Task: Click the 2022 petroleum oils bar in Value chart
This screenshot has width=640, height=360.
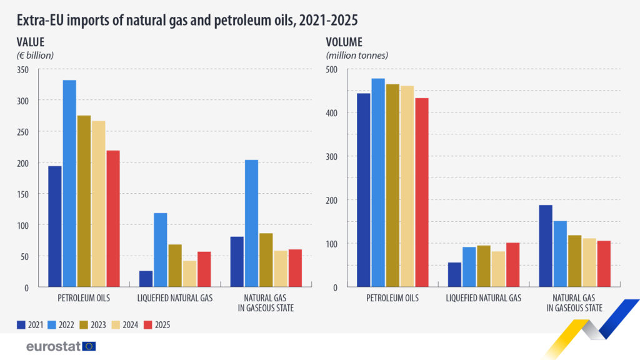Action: point(69,183)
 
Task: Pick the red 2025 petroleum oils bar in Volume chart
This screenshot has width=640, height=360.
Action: point(421,192)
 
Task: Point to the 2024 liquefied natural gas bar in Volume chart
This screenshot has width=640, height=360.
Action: point(497,269)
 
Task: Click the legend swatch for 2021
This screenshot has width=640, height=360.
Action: point(21,324)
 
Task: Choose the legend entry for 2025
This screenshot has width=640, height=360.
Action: point(157,324)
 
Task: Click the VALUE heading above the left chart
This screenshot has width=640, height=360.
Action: point(31,42)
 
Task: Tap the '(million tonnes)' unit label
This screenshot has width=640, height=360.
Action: point(357,55)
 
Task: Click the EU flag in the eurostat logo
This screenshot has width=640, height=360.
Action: point(89,346)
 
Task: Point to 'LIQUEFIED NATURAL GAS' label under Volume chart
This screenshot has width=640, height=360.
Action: point(483,298)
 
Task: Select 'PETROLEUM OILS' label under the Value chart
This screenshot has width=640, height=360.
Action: point(84,298)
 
